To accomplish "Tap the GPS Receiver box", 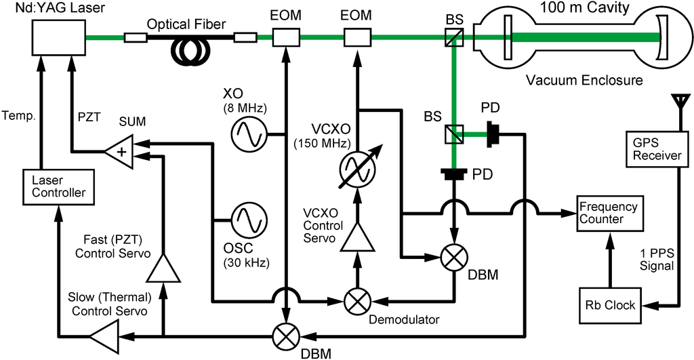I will click(x=655, y=149).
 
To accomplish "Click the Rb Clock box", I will click(x=612, y=304).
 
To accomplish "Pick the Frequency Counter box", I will click(x=607, y=213).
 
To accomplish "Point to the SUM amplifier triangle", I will click(x=120, y=150).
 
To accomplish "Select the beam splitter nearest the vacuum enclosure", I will click(x=452, y=39).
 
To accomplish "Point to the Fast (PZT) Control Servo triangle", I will click(x=163, y=268).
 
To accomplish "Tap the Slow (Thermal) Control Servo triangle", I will click(x=102, y=334).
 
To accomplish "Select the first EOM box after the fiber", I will click(x=286, y=38).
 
